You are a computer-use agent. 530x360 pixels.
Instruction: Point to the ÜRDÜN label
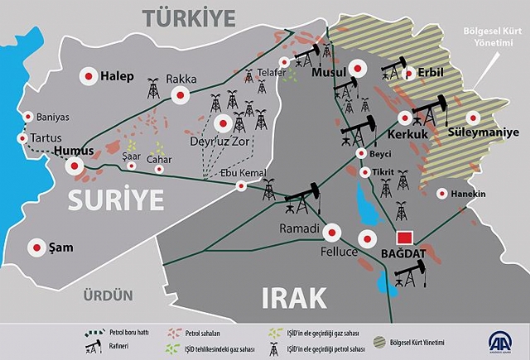pos(108,295)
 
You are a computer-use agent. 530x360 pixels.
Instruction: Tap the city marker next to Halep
pos(87,76)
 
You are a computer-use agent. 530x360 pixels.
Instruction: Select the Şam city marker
pos(36,247)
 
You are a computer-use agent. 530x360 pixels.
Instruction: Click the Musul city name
pos(326,73)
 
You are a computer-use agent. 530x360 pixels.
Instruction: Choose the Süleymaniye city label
pos(483,132)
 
